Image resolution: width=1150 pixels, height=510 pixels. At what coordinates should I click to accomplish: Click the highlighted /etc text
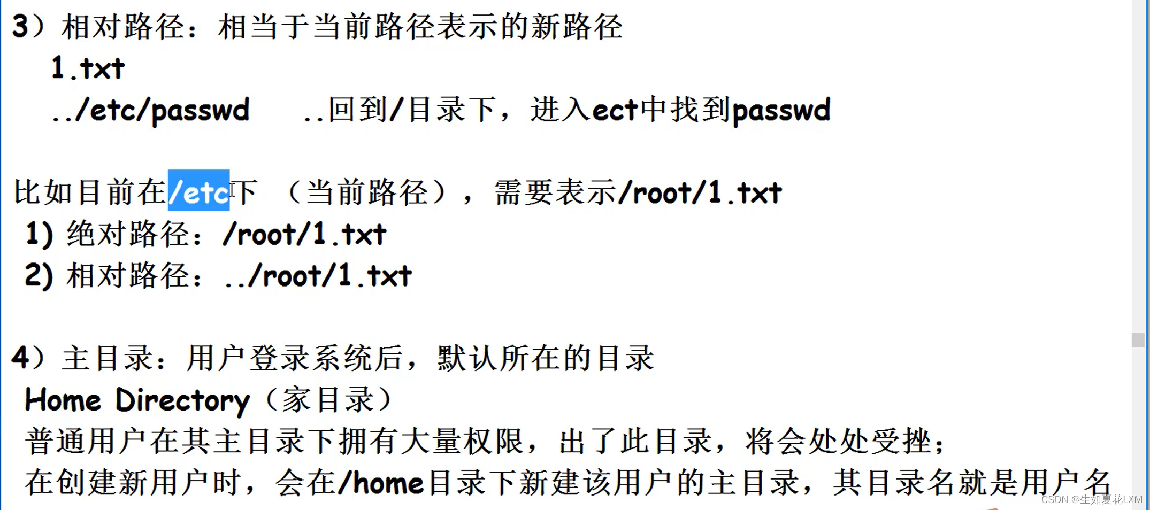tap(198, 191)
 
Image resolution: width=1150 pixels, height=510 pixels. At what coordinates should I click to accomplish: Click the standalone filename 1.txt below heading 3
tap(88, 68)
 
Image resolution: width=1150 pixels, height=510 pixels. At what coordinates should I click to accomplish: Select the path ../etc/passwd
tap(150, 110)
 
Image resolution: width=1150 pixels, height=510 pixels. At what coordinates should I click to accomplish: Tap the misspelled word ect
tap(615, 110)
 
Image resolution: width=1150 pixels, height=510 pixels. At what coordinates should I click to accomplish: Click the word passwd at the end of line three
tap(781, 110)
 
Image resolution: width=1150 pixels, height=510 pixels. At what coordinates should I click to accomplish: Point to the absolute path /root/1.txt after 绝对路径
tap(304, 234)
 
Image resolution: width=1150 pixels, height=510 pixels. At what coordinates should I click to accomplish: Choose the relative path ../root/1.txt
tap(318, 276)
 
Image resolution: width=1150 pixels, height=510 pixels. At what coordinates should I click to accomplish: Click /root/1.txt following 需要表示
tap(700, 192)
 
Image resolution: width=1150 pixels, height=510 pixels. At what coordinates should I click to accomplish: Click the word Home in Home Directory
tap(63, 400)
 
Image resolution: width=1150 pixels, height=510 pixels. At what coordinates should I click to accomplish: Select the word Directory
tap(182, 400)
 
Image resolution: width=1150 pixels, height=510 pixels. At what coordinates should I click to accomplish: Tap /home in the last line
tap(381, 483)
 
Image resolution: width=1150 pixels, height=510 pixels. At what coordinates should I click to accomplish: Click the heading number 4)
tap(28, 357)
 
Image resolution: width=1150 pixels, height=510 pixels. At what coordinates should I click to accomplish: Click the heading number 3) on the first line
tap(28, 27)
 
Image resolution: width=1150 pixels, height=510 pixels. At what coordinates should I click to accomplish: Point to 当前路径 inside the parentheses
tap(367, 192)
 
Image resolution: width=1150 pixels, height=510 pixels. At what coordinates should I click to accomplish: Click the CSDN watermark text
tap(1091, 499)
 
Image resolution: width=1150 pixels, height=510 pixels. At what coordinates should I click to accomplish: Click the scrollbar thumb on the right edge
tap(1138, 340)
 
